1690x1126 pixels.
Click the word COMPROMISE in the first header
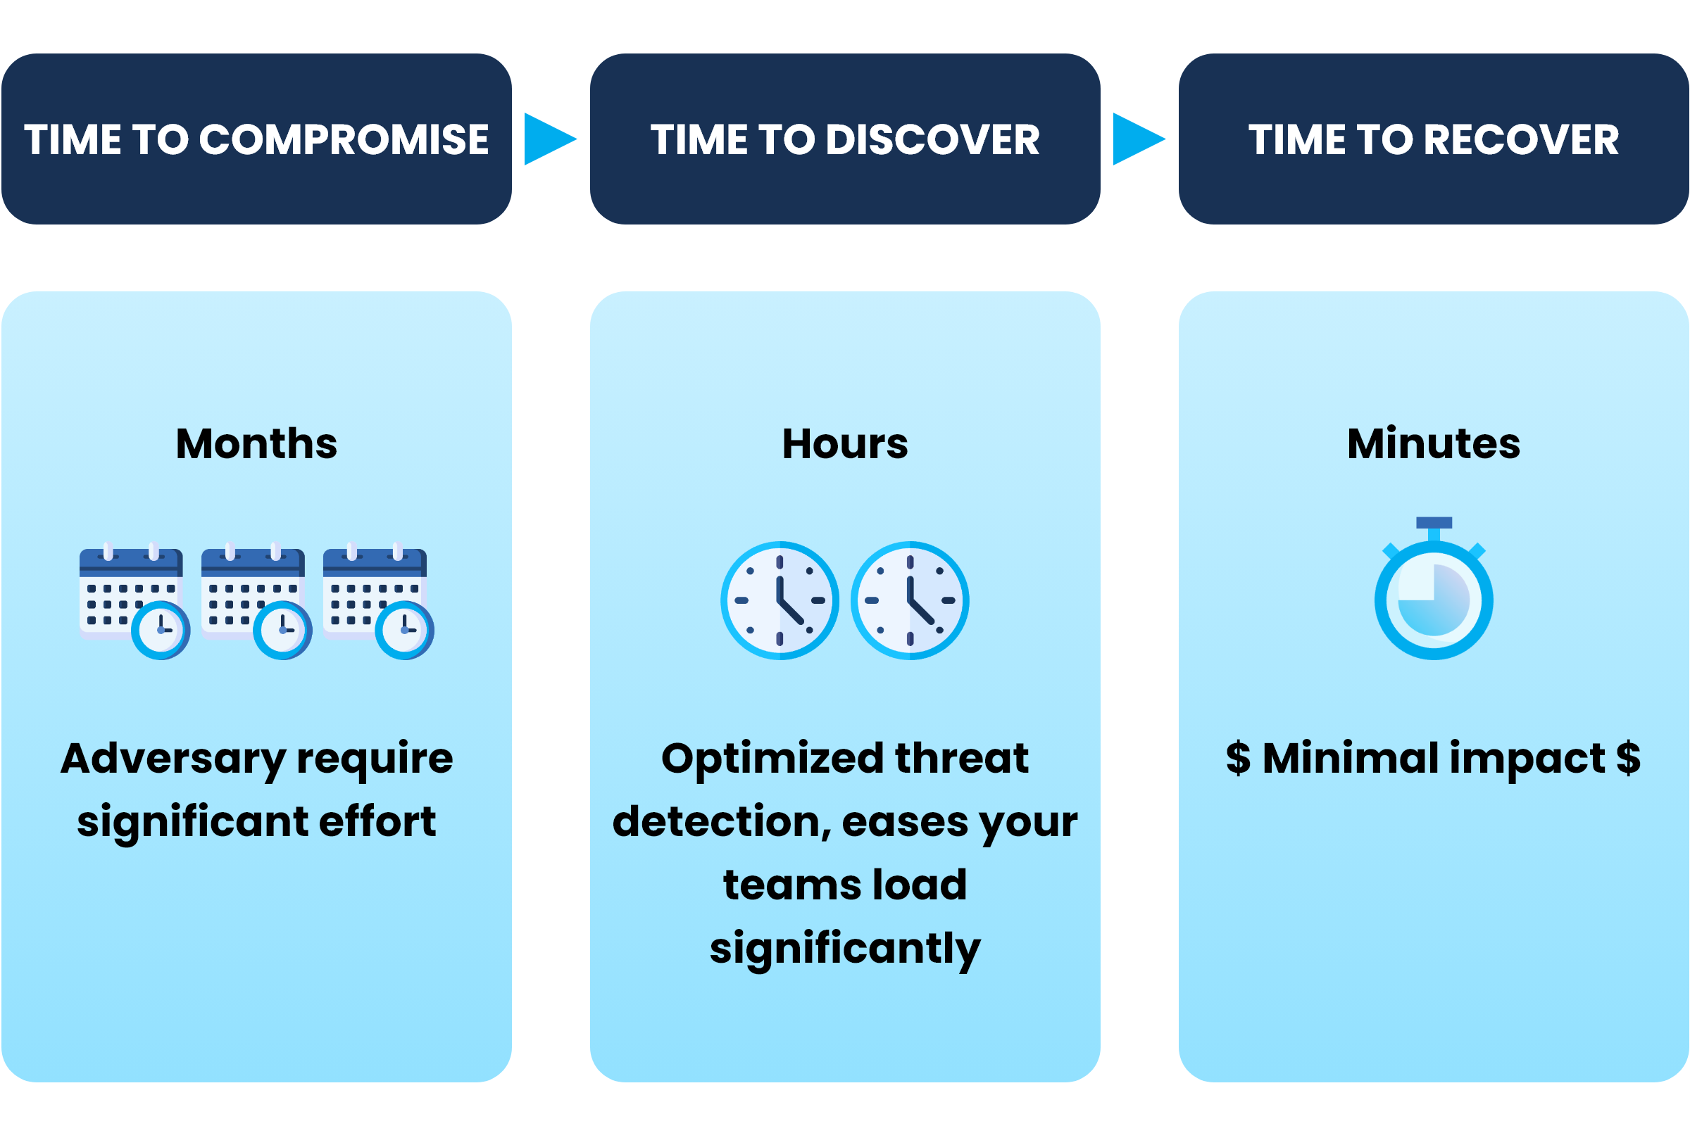tap(344, 139)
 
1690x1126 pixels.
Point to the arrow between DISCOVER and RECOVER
tap(1137, 139)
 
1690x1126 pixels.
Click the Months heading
tap(256, 443)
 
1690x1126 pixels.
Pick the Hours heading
tap(845, 443)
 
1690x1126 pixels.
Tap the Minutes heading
tap(1434, 443)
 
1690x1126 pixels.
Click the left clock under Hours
tap(780, 600)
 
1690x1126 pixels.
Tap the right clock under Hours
tap(910, 600)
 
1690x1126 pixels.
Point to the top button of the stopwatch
tap(1434, 523)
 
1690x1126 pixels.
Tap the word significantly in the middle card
tap(845, 949)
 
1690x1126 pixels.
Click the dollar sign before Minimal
tap(1238, 759)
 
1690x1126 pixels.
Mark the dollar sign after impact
tap(1628, 759)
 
